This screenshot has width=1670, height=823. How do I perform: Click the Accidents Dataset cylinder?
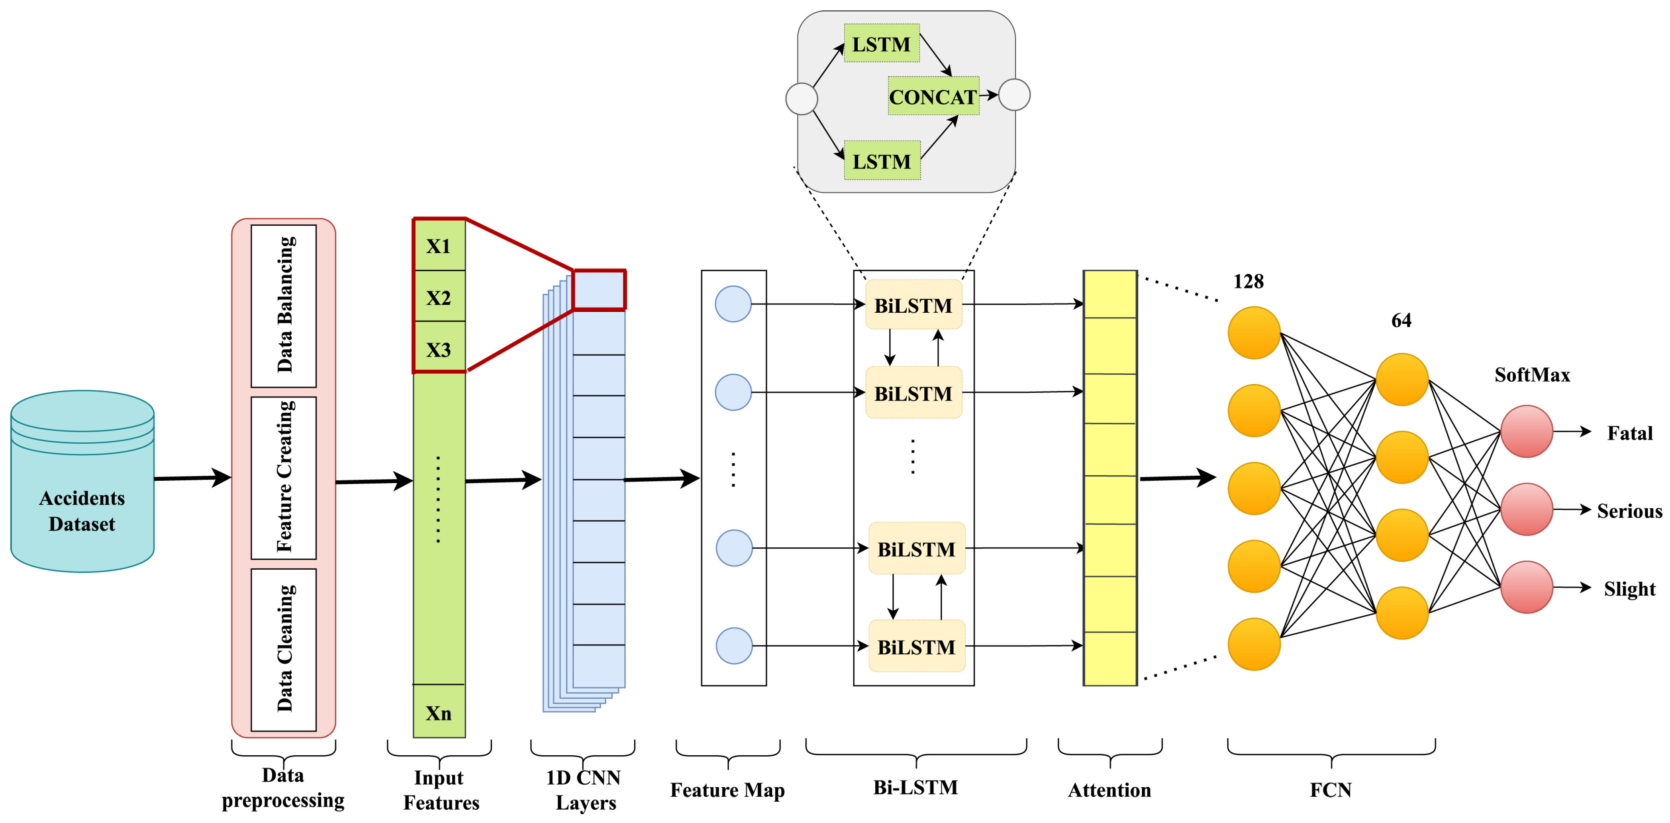(x=82, y=483)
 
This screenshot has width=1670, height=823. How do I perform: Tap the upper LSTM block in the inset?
(x=881, y=44)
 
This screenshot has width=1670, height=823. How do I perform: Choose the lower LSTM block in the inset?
(x=882, y=161)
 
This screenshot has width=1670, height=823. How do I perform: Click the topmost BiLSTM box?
(x=913, y=305)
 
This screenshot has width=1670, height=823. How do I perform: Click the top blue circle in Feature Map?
(x=733, y=304)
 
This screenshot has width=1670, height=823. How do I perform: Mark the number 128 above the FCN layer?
(x=1248, y=281)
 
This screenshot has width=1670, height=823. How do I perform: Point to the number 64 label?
(x=1401, y=320)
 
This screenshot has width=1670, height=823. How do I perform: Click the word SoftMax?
(x=1532, y=374)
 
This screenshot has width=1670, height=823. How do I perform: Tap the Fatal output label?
(x=1629, y=433)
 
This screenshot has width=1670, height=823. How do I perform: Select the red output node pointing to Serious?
(x=1526, y=509)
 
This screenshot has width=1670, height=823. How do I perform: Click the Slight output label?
(x=1629, y=588)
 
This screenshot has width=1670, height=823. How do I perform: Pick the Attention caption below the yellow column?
(x=1109, y=790)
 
